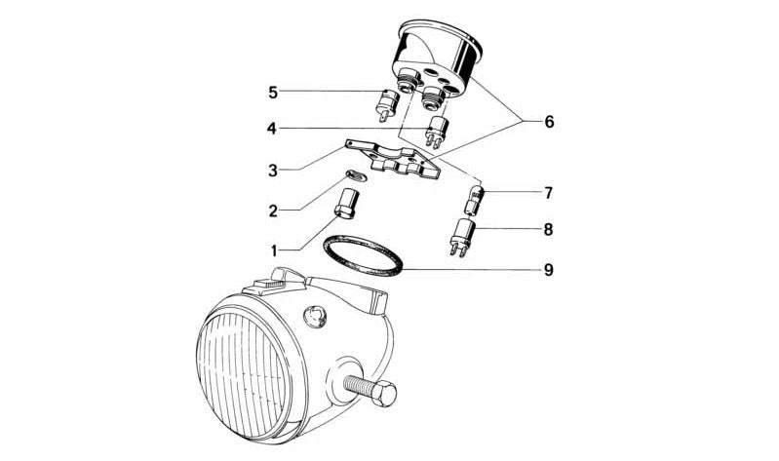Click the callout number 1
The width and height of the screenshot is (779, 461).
click(x=274, y=250)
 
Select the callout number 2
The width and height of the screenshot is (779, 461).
click(x=273, y=211)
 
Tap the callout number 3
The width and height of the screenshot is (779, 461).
click(x=273, y=171)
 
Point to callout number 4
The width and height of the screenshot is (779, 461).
click(x=272, y=130)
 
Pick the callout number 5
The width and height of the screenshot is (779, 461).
click(x=273, y=93)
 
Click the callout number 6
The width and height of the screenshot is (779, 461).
click(x=549, y=122)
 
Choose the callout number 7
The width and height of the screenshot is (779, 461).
click(x=548, y=193)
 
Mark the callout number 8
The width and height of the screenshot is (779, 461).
click(x=548, y=229)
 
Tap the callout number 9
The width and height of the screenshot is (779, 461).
click(x=548, y=270)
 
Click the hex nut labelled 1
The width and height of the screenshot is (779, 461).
click(x=343, y=204)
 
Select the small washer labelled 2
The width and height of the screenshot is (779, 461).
click(x=357, y=175)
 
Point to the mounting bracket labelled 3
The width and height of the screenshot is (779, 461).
click(x=393, y=160)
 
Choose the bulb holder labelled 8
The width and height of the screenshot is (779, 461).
click(x=462, y=238)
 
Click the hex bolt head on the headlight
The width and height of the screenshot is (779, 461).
click(x=383, y=395)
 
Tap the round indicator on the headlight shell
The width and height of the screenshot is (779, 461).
click(x=315, y=316)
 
